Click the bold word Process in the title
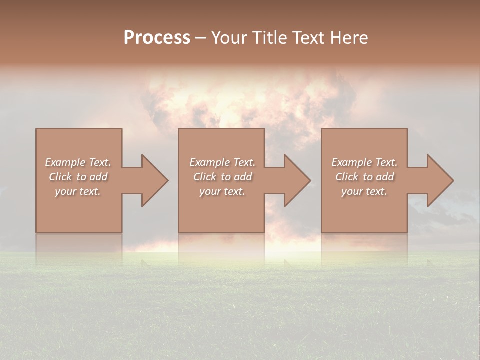pos(157,38)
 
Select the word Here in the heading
pos(349,38)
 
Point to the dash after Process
pos(200,38)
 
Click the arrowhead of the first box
pos(155,180)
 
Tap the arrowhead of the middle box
pos(297,180)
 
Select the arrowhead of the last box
pos(440,180)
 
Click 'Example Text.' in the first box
pos(78,162)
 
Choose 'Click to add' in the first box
pos(78,177)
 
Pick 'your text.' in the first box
pos(78,191)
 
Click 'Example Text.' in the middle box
pos(222,162)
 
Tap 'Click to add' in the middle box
pos(222,177)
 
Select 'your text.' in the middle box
pos(222,191)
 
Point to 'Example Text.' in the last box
pos(364,162)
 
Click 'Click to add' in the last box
pos(364,177)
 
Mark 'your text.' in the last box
pos(364,191)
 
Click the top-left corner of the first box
pos(36,129)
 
